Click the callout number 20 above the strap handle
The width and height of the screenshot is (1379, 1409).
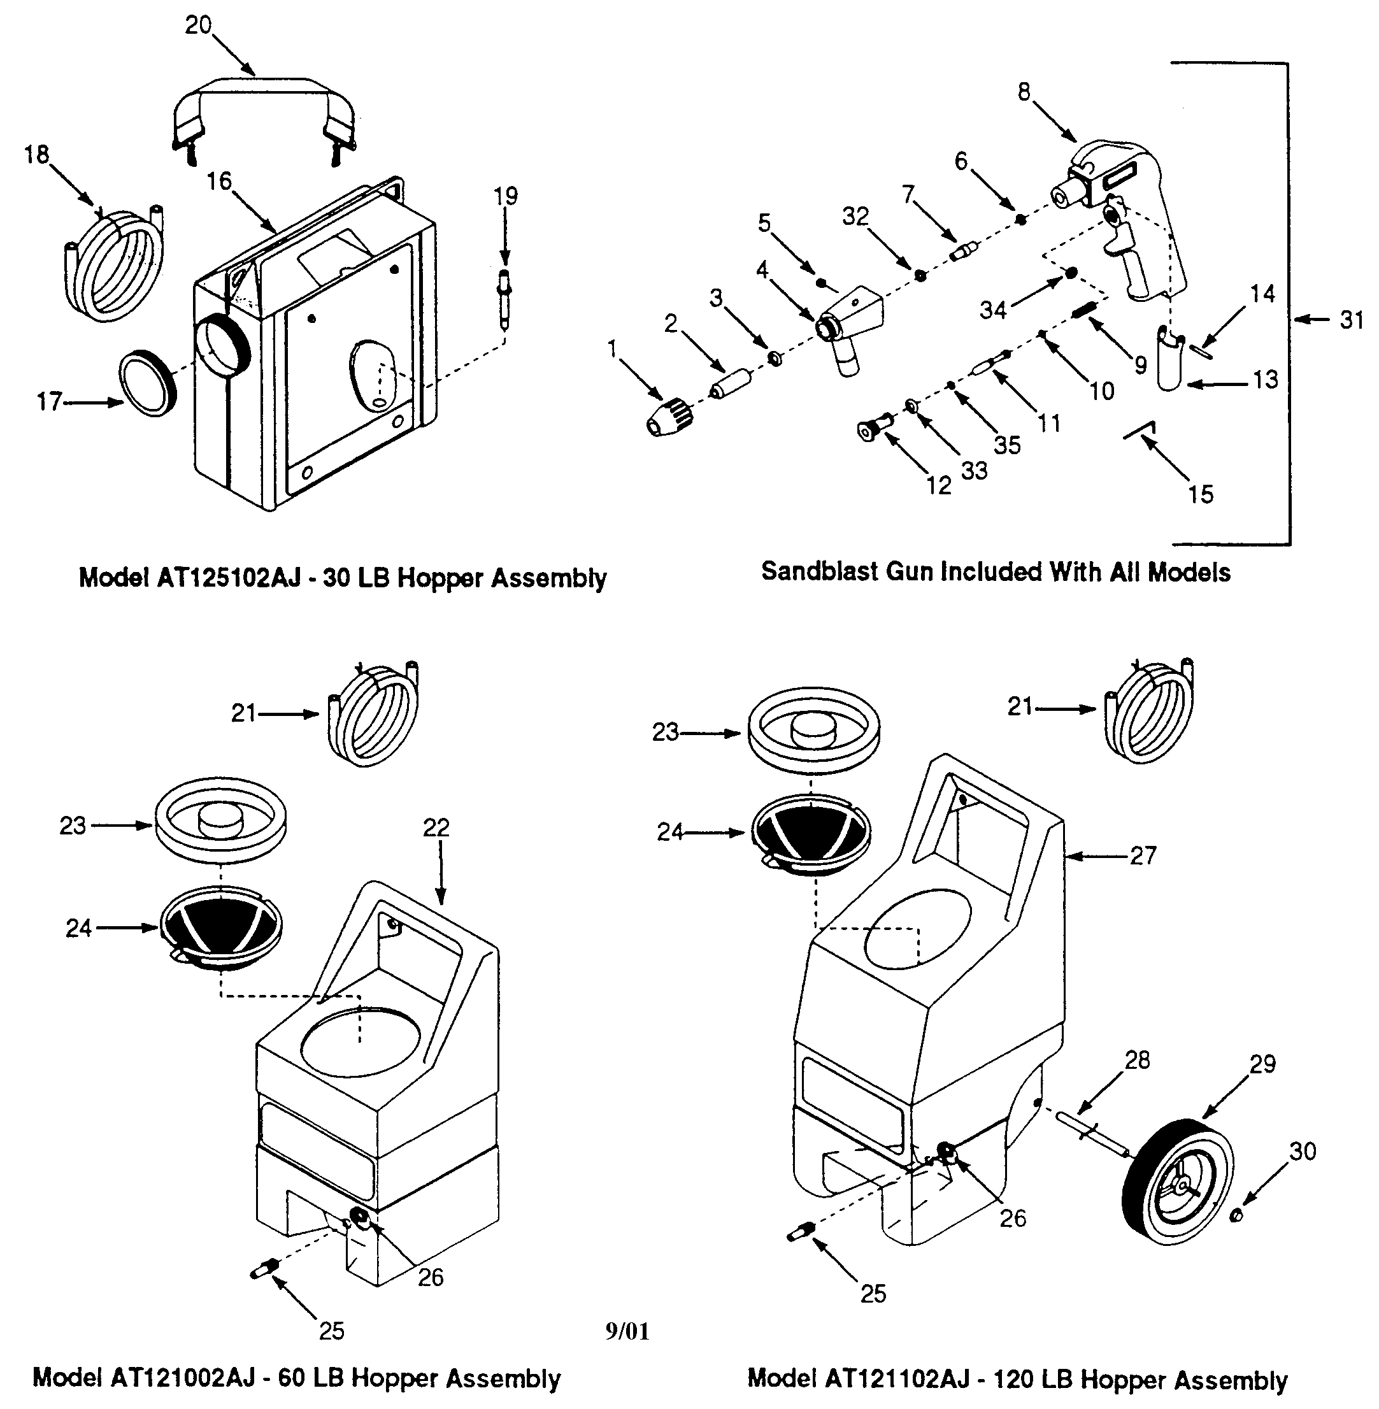point(197,25)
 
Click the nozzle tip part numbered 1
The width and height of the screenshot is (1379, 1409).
point(670,419)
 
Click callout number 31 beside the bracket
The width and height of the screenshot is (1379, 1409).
point(1352,320)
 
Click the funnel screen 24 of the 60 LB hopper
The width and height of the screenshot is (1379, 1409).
point(221,929)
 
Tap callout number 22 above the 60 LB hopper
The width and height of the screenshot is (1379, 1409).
point(436,827)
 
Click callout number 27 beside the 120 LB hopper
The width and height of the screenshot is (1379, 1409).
point(1143,855)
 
